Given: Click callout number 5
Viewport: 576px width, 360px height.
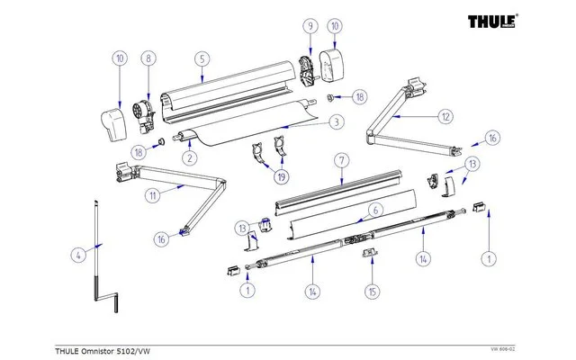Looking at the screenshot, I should tap(202, 59).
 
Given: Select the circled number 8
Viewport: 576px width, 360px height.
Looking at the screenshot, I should tap(148, 59).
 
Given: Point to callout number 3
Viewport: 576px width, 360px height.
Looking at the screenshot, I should tap(335, 121).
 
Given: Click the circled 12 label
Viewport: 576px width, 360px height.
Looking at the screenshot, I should tap(445, 115).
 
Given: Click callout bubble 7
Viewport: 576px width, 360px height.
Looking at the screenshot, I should tap(342, 160).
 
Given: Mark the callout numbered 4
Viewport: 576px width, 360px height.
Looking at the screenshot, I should tap(78, 255).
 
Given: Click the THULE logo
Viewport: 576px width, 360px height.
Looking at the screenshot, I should tap(503, 21).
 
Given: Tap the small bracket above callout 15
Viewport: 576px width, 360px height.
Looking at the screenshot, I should tap(369, 256).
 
